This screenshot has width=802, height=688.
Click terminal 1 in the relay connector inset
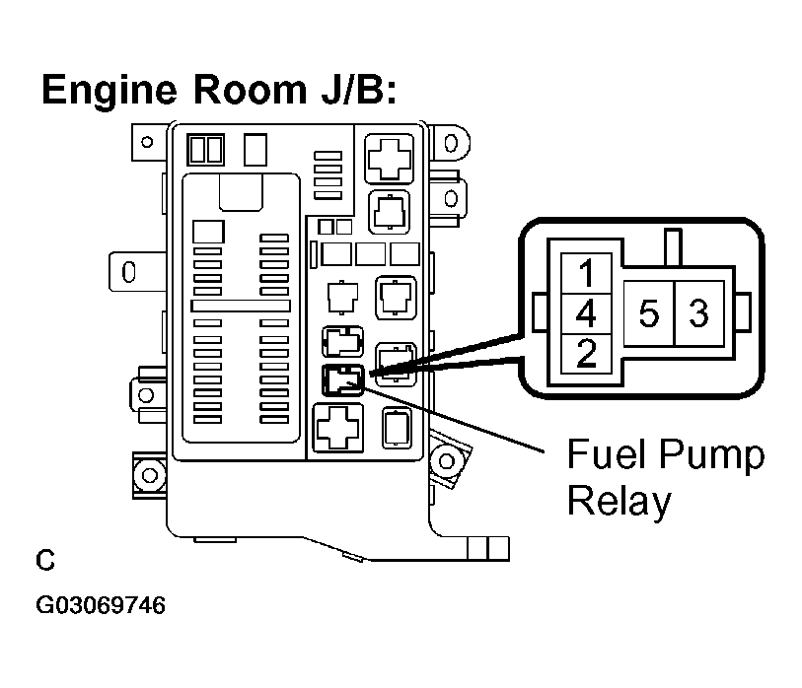tap(587, 273)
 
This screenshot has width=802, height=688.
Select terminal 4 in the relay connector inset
tap(587, 313)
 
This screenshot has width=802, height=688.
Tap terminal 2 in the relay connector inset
tap(587, 354)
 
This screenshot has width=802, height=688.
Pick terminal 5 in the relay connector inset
tap(649, 313)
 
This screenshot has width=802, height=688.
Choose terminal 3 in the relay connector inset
tap(699, 313)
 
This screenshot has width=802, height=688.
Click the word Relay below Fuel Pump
tap(619, 503)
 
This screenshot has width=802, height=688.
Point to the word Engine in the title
tap(109, 91)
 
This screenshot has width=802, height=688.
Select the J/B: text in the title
tap(358, 90)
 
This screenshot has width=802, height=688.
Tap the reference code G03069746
tap(101, 605)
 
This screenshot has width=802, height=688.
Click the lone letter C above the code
tap(45, 560)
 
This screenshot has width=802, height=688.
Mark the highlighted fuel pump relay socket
tap(342, 380)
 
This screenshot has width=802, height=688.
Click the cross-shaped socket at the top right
tap(390, 159)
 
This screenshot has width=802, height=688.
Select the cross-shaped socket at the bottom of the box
tap(337, 428)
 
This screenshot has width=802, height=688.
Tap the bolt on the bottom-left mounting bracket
tap(149, 475)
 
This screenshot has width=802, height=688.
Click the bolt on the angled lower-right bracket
tap(447, 461)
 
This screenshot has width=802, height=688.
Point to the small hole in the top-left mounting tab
tap(147, 142)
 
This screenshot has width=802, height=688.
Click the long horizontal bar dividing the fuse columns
tap(241, 306)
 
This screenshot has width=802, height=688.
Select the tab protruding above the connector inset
tap(673, 247)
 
